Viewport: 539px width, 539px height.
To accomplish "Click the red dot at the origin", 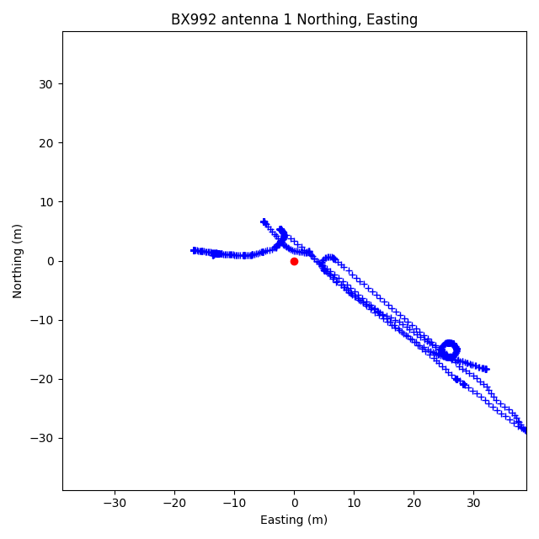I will (294, 261).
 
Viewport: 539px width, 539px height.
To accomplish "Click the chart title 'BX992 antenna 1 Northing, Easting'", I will (294, 19).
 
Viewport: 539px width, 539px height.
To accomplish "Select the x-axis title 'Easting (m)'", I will (294, 520).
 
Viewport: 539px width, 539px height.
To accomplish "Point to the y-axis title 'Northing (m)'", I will (18, 261).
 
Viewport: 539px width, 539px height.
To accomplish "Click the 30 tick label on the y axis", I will (45, 84).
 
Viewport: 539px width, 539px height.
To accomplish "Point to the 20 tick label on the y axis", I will (45, 143).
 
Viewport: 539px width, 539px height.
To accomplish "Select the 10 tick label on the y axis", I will (45, 202).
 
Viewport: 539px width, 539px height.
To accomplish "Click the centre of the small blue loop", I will (449, 350).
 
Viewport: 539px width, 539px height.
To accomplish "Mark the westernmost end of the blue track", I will (194, 250).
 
